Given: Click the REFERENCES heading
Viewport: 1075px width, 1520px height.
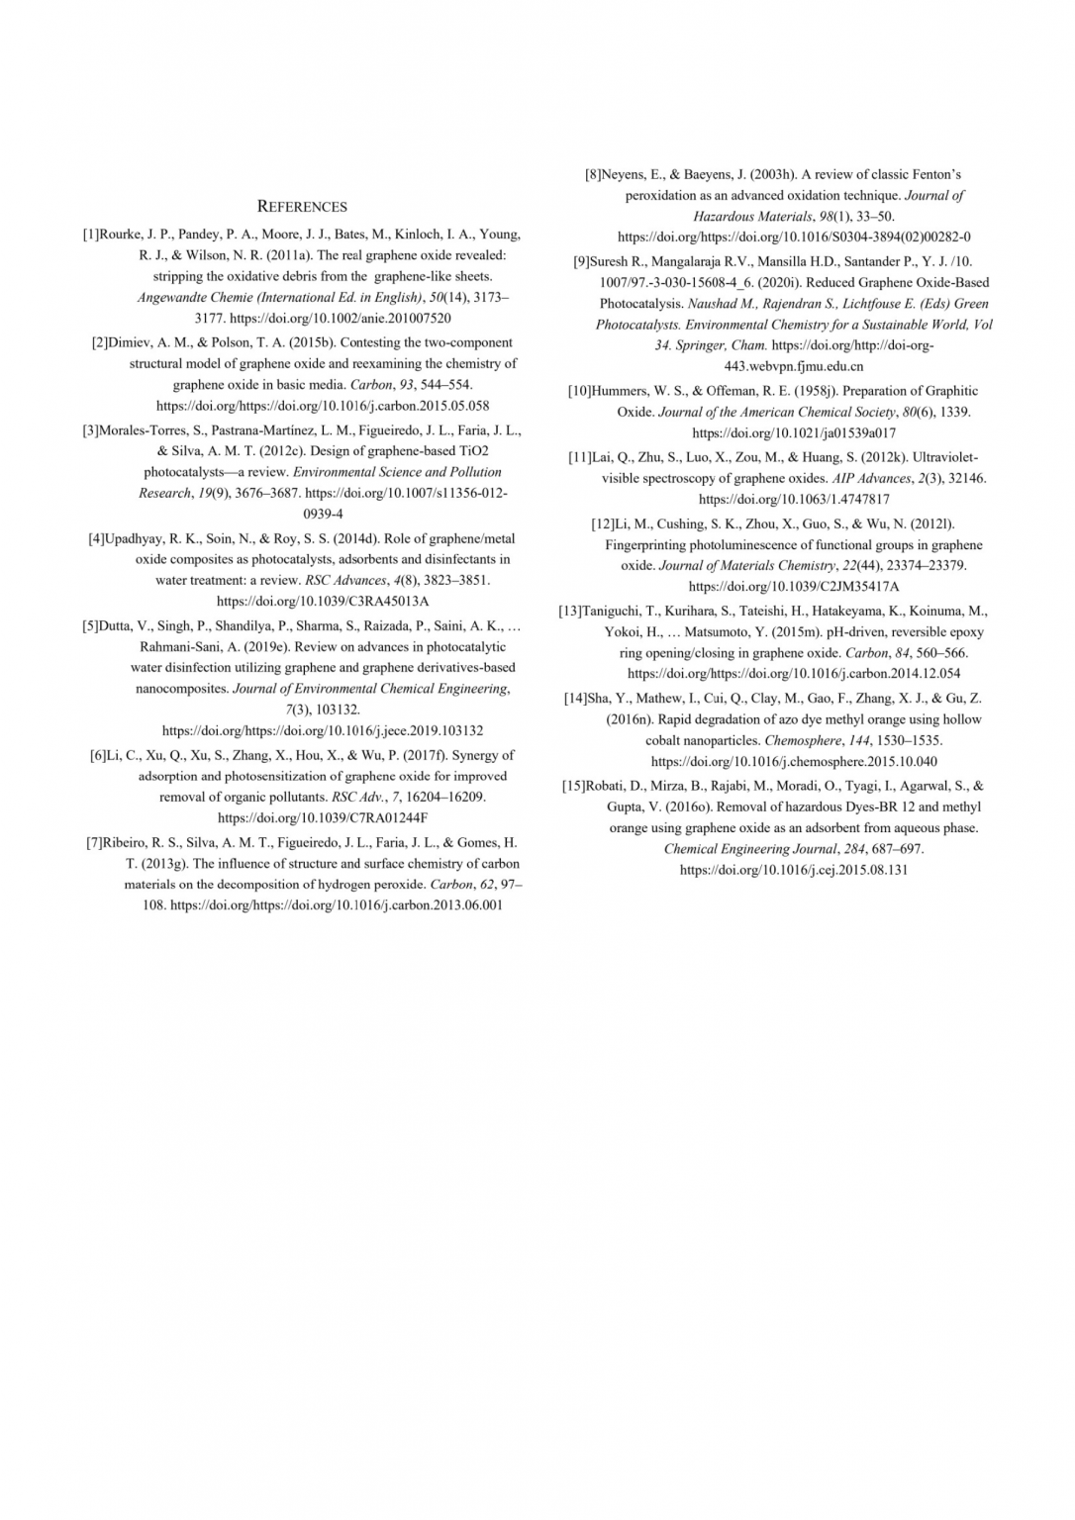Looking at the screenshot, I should (x=302, y=207).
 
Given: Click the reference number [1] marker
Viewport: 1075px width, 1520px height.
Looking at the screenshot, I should (x=90, y=235).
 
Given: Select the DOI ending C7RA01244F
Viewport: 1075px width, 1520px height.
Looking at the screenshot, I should (x=322, y=817).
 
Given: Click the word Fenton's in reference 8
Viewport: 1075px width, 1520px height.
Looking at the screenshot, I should (x=933, y=174).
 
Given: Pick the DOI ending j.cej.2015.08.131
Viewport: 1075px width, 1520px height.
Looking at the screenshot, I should (x=793, y=870).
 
